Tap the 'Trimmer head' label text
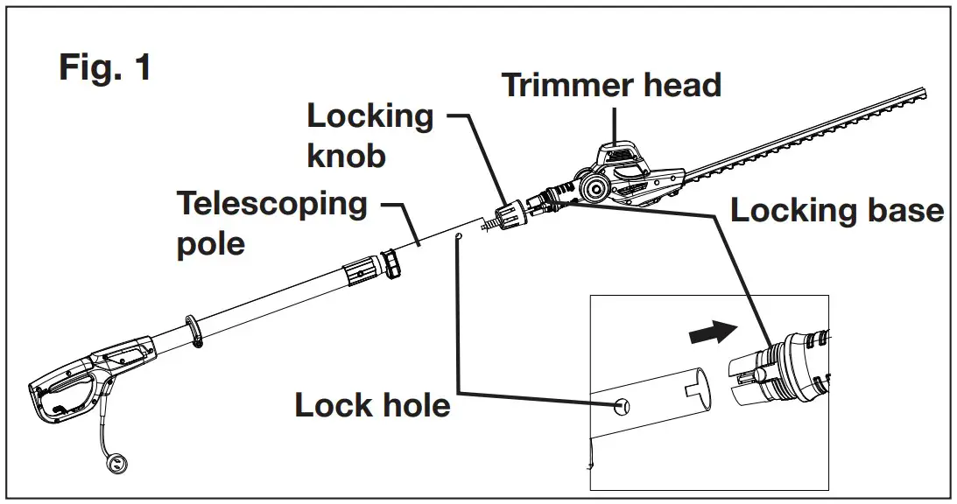click(x=611, y=85)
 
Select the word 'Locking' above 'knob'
click(x=370, y=116)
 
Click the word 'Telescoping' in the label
click(x=272, y=204)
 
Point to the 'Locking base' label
click(x=837, y=211)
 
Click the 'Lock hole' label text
click(x=372, y=405)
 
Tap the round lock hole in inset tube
click(x=621, y=406)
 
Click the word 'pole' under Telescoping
click(x=210, y=243)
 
